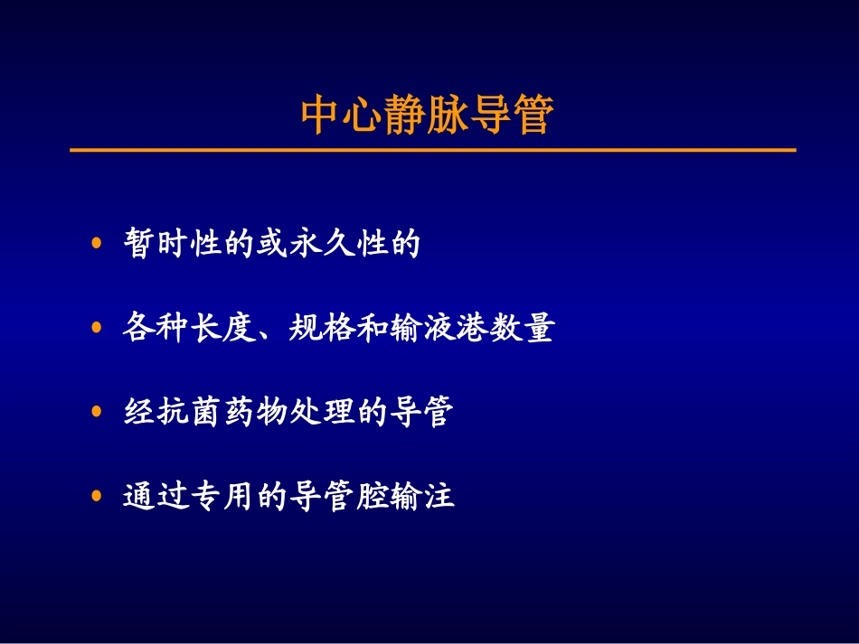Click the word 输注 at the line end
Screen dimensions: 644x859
point(422,497)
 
